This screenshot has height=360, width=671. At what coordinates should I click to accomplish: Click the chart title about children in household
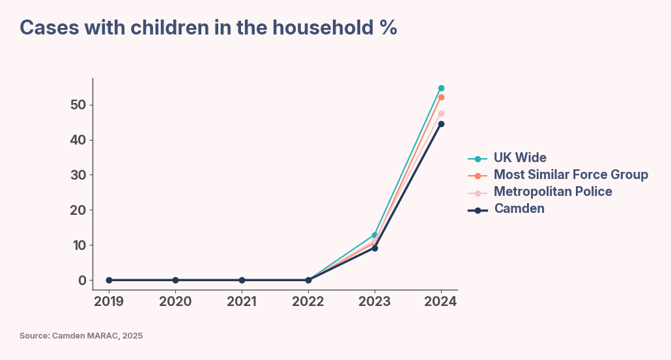click(208, 28)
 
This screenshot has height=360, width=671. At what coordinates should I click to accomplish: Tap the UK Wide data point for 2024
click(441, 88)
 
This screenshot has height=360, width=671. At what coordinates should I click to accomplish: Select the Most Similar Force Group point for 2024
click(441, 98)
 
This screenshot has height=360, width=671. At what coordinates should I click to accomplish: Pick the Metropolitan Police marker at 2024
click(441, 114)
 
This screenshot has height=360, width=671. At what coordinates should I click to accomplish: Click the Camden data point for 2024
click(441, 124)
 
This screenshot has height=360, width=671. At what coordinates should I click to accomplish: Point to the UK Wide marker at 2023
click(375, 235)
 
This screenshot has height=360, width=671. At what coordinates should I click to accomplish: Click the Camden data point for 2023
click(375, 248)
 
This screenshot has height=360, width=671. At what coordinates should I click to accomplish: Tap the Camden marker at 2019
click(109, 280)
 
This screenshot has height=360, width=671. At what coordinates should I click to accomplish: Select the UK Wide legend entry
click(519, 158)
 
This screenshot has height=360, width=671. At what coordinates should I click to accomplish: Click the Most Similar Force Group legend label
click(570, 175)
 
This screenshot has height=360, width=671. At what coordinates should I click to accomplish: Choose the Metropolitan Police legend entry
click(552, 192)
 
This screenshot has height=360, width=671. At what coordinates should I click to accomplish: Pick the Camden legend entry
click(519, 209)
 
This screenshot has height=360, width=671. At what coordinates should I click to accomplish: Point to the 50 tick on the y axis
click(78, 105)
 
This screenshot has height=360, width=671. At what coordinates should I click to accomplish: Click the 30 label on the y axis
click(78, 175)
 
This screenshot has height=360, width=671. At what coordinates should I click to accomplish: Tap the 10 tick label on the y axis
click(78, 245)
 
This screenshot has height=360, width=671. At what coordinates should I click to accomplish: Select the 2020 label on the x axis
click(175, 302)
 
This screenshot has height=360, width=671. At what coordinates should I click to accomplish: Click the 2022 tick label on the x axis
click(308, 302)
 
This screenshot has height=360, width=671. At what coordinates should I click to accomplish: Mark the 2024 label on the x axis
click(441, 302)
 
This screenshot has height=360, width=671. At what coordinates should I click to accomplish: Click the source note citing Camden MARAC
click(81, 336)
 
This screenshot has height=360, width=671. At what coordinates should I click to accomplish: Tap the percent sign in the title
click(388, 28)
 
